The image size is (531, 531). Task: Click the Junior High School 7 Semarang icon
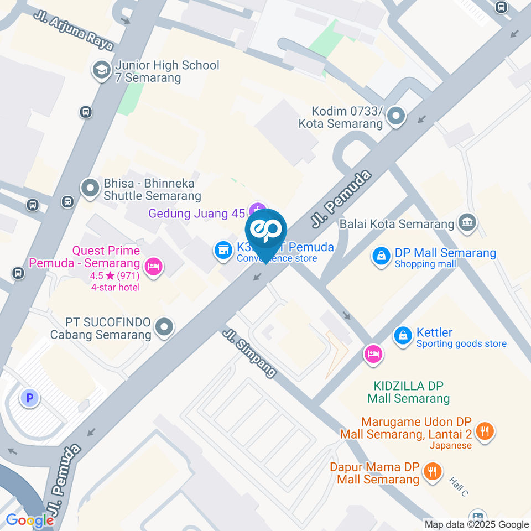click(x=101, y=70)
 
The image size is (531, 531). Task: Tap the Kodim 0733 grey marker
click(x=396, y=116)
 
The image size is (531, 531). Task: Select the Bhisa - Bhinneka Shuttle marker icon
click(x=90, y=188)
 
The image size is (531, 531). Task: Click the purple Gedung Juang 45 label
click(x=196, y=213)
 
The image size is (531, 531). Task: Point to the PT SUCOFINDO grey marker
click(x=164, y=327)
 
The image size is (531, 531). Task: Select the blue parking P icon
click(x=29, y=397)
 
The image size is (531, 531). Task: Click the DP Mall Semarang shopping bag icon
click(x=381, y=256)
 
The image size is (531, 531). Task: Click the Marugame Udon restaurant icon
click(x=485, y=431)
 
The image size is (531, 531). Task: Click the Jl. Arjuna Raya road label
click(x=74, y=31)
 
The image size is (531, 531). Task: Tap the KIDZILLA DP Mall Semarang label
click(x=409, y=392)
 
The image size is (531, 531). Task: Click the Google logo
click(x=30, y=520)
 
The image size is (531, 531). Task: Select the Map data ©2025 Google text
click(x=477, y=524)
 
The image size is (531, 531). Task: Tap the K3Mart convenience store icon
click(x=223, y=250)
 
